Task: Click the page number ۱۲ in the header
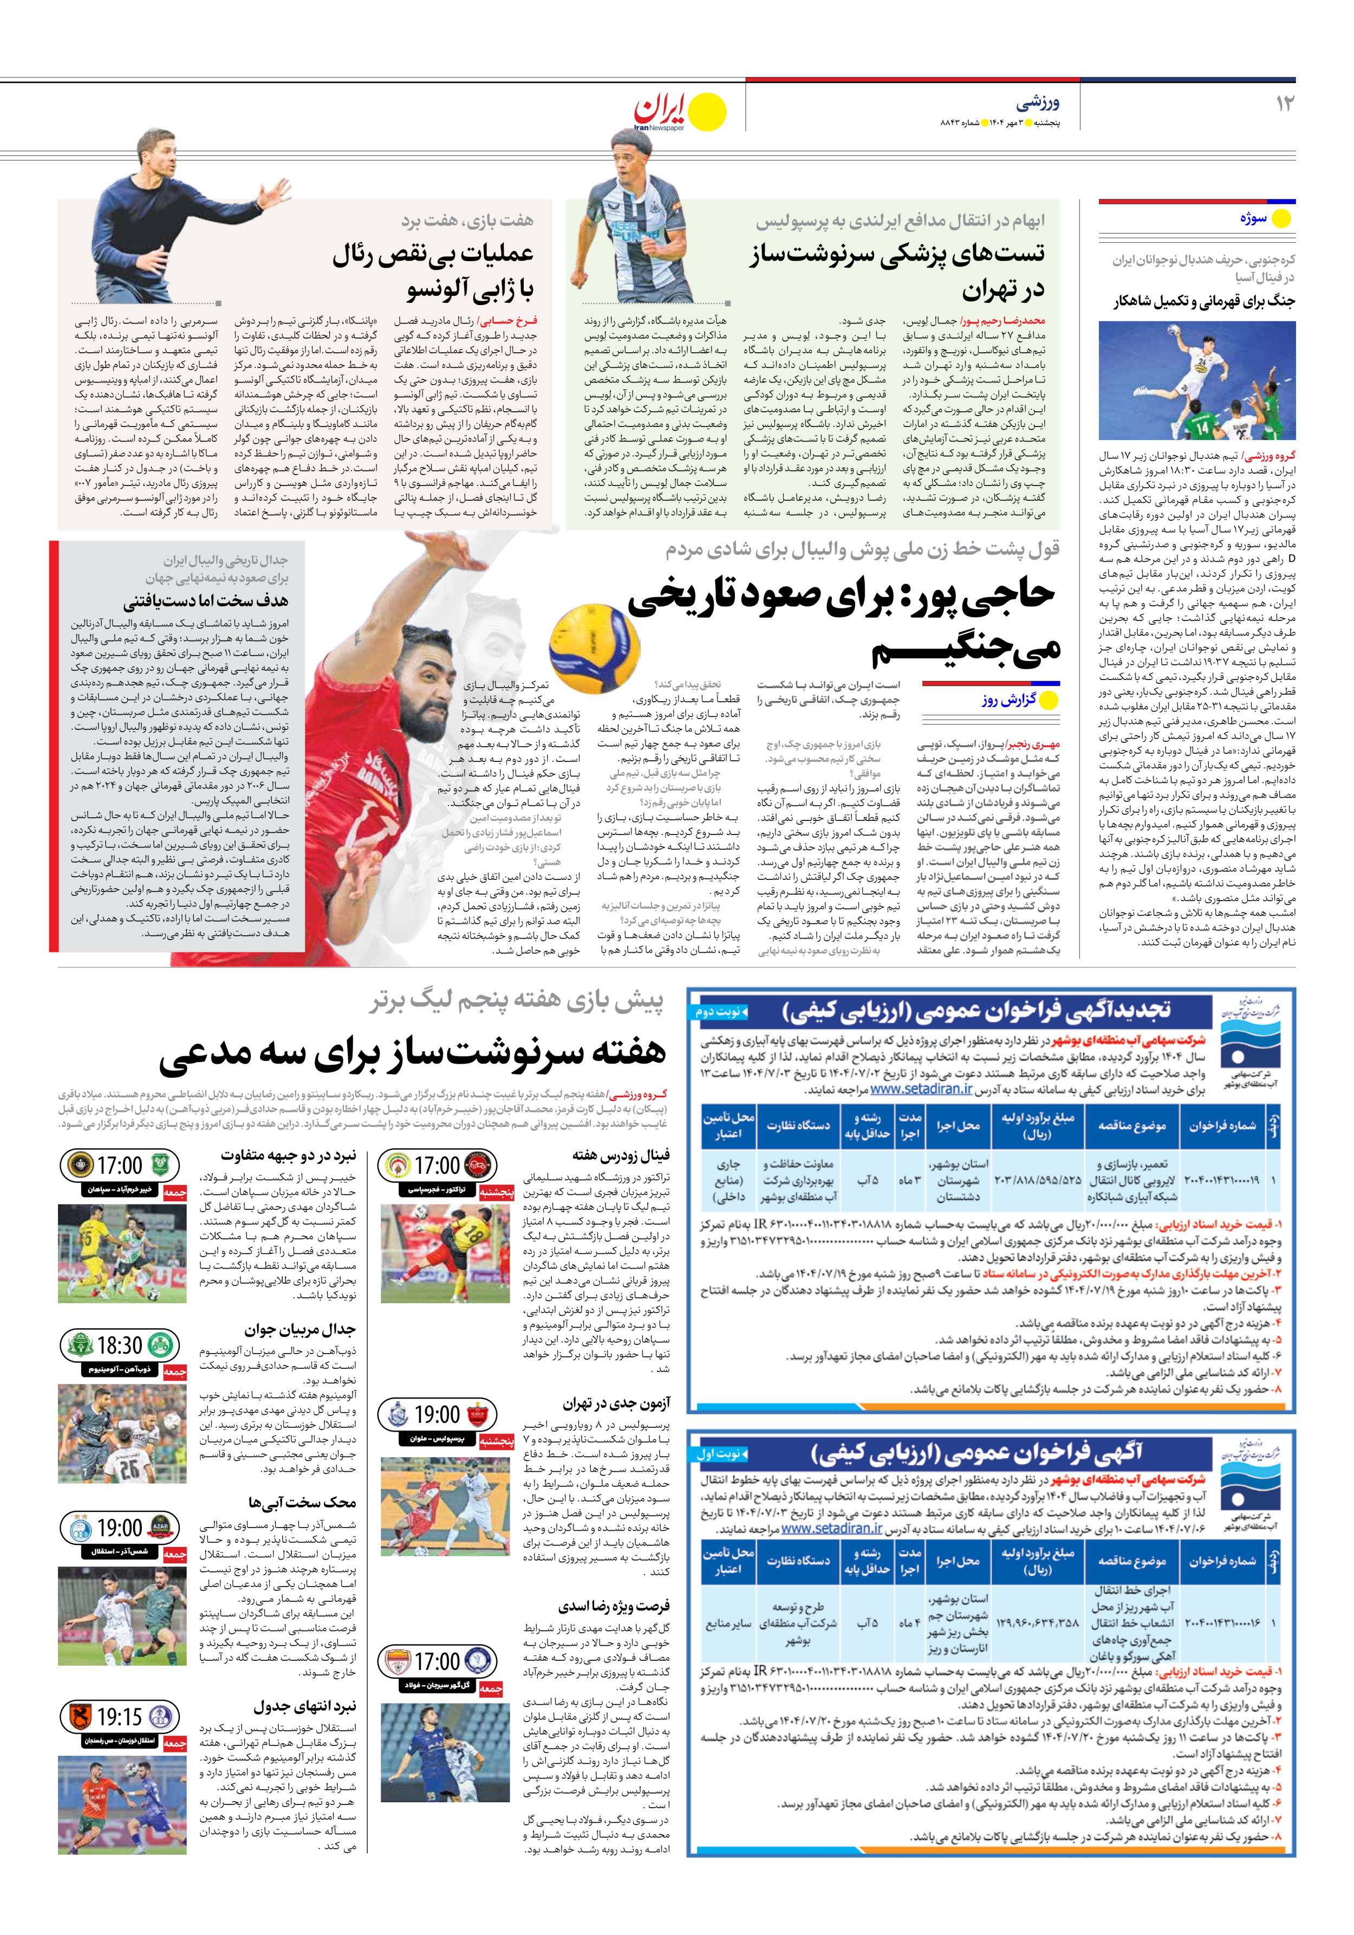1284,103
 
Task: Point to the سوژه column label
1253,218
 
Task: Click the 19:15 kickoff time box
120,1717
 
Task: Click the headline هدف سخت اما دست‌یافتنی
206,601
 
